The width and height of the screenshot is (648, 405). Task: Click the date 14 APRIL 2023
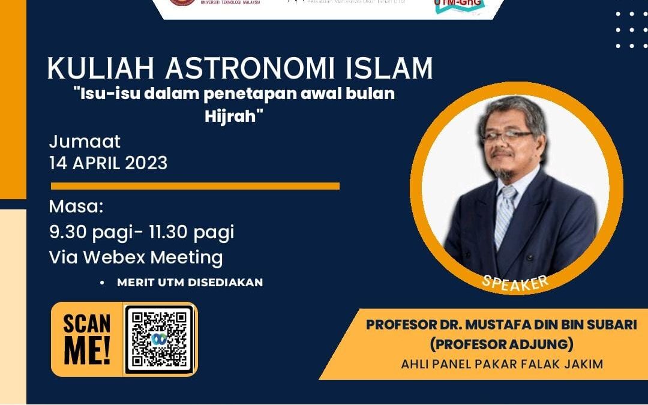click(109, 163)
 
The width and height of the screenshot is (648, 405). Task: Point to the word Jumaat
click(85, 142)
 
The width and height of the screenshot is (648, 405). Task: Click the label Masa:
click(76, 207)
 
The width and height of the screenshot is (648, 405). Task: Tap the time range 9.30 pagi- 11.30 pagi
click(142, 232)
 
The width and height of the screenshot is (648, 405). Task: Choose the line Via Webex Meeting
click(136, 257)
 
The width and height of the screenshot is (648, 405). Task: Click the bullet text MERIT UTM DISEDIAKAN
click(190, 282)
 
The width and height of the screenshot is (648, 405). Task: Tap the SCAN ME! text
click(87, 339)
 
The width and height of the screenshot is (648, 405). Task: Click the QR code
click(159, 339)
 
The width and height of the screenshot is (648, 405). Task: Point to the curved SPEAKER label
click(515, 283)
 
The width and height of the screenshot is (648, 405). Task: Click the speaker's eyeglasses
click(507, 137)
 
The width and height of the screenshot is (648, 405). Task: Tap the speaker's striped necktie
click(505, 216)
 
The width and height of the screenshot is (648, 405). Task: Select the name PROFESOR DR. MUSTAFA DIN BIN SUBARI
click(501, 326)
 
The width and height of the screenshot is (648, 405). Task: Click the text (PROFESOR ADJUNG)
click(501, 345)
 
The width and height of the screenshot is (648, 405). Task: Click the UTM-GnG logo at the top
click(459, 5)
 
